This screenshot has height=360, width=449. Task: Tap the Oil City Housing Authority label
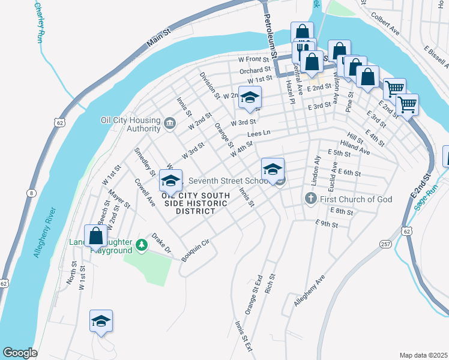click(131, 124)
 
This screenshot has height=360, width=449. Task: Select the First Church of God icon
click(311, 199)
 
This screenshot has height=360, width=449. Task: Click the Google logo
click(20, 353)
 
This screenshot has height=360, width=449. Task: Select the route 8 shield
click(31, 193)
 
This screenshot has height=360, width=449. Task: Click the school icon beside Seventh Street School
click(273, 169)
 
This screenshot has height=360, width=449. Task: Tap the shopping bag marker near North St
click(95, 236)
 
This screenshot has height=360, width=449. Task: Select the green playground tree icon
click(141, 244)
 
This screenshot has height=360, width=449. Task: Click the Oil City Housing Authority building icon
click(170, 125)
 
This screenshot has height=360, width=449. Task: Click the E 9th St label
click(327, 224)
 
